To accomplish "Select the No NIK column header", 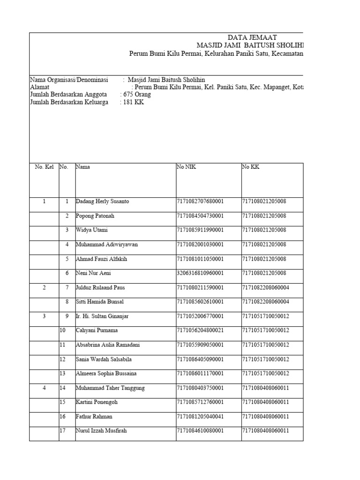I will [186, 166].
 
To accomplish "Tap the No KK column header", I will [250, 166].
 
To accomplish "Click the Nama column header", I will [83, 166].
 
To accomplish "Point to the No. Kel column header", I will [44, 166].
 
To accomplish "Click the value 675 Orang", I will [137, 95].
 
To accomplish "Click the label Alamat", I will [40, 87].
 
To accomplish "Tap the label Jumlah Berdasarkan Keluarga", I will [69, 102].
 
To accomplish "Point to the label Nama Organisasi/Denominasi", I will [69, 80].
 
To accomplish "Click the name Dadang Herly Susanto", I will [102, 202].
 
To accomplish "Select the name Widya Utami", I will [91, 230].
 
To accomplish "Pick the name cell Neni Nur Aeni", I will [94, 273].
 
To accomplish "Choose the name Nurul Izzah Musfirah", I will [101, 431].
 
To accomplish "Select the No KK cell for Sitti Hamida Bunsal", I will [272, 302].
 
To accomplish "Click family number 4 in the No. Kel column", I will [44, 388].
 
